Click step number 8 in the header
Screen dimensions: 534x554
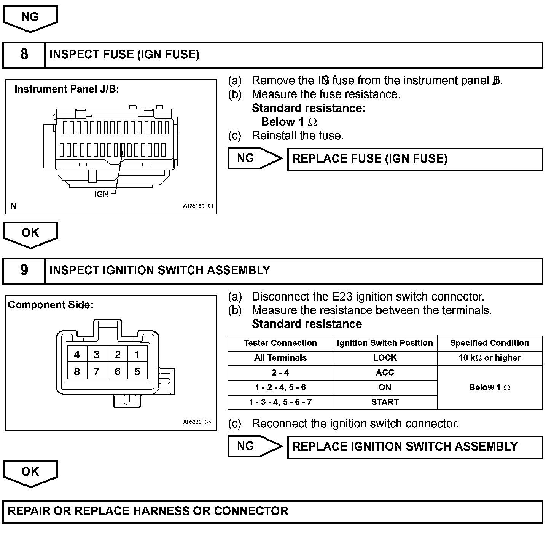click(x=24, y=54)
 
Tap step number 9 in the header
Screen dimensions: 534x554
click(x=24, y=270)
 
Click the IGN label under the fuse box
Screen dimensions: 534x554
click(x=102, y=194)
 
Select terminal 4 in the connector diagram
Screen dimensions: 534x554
click(x=77, y=355)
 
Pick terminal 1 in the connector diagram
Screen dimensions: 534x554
click(x=137, y=355)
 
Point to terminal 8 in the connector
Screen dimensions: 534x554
click(x=77, y=371)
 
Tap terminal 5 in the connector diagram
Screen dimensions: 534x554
click(x=137, y=371)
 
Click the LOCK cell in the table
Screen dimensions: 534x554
click(x=385, y=358)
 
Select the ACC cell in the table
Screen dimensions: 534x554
click(x=385, y=373)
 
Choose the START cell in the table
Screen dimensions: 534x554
click(x=385, y=402)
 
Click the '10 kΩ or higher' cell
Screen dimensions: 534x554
click(x=489, y=358)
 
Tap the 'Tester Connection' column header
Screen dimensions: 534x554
click(x=280, y=343)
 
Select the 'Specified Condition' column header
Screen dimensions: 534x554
click(x=489, y=343)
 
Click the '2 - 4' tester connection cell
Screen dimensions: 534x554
click(x=280, y=373)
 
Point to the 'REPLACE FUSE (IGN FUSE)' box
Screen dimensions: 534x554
click(x=414, y=159)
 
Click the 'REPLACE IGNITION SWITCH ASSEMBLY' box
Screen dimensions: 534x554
click(x=414, y=447)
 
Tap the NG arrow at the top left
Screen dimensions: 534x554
click(x=30, y=18)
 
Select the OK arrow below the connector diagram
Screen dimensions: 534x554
click(x=30, y=473)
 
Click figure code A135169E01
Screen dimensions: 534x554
click(x=198, y=206)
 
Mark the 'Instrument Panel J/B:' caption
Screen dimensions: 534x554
click(x=67, y=89)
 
